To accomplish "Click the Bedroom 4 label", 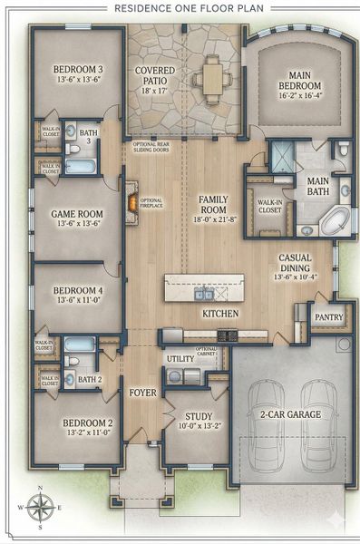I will (x=77, y=296).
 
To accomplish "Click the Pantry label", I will (x=325, y=317).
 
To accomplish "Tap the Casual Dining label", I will (x=295, y=263).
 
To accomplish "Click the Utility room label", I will (x=175, y=360).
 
